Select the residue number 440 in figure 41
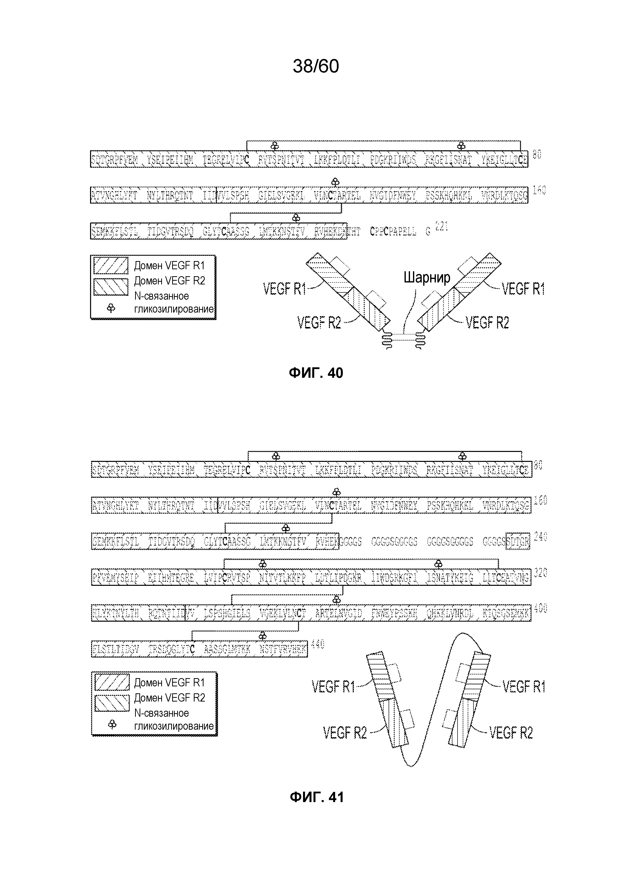[x=317, y=644]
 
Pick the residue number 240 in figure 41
[x=540, y=537]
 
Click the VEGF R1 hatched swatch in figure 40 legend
[x=111, y=265]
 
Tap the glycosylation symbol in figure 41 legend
[x=112, y=724]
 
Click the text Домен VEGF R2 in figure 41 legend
[x=170, y=698]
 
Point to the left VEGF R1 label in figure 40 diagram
[x=284, y=289]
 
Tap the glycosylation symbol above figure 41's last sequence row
[x=262, y=636]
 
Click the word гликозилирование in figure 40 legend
[x=174, y=309]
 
